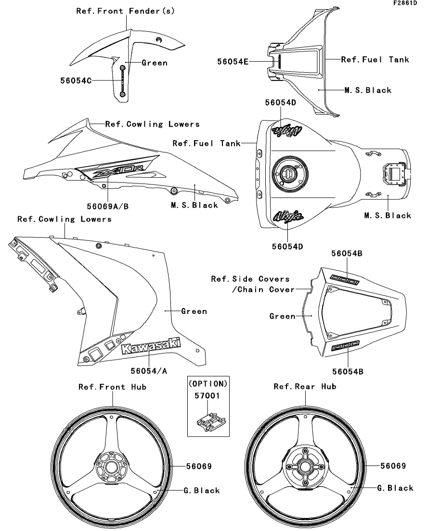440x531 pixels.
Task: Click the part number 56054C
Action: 76,80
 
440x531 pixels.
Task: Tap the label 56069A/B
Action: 108,206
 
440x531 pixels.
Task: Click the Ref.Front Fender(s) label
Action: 125,11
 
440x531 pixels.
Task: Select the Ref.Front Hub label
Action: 112,387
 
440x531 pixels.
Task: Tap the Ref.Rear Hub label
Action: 305,387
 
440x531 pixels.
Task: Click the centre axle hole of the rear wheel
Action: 305,466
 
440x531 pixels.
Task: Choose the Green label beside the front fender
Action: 155,63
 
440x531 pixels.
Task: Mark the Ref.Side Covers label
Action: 250,279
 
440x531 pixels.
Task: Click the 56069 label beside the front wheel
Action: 198,466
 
